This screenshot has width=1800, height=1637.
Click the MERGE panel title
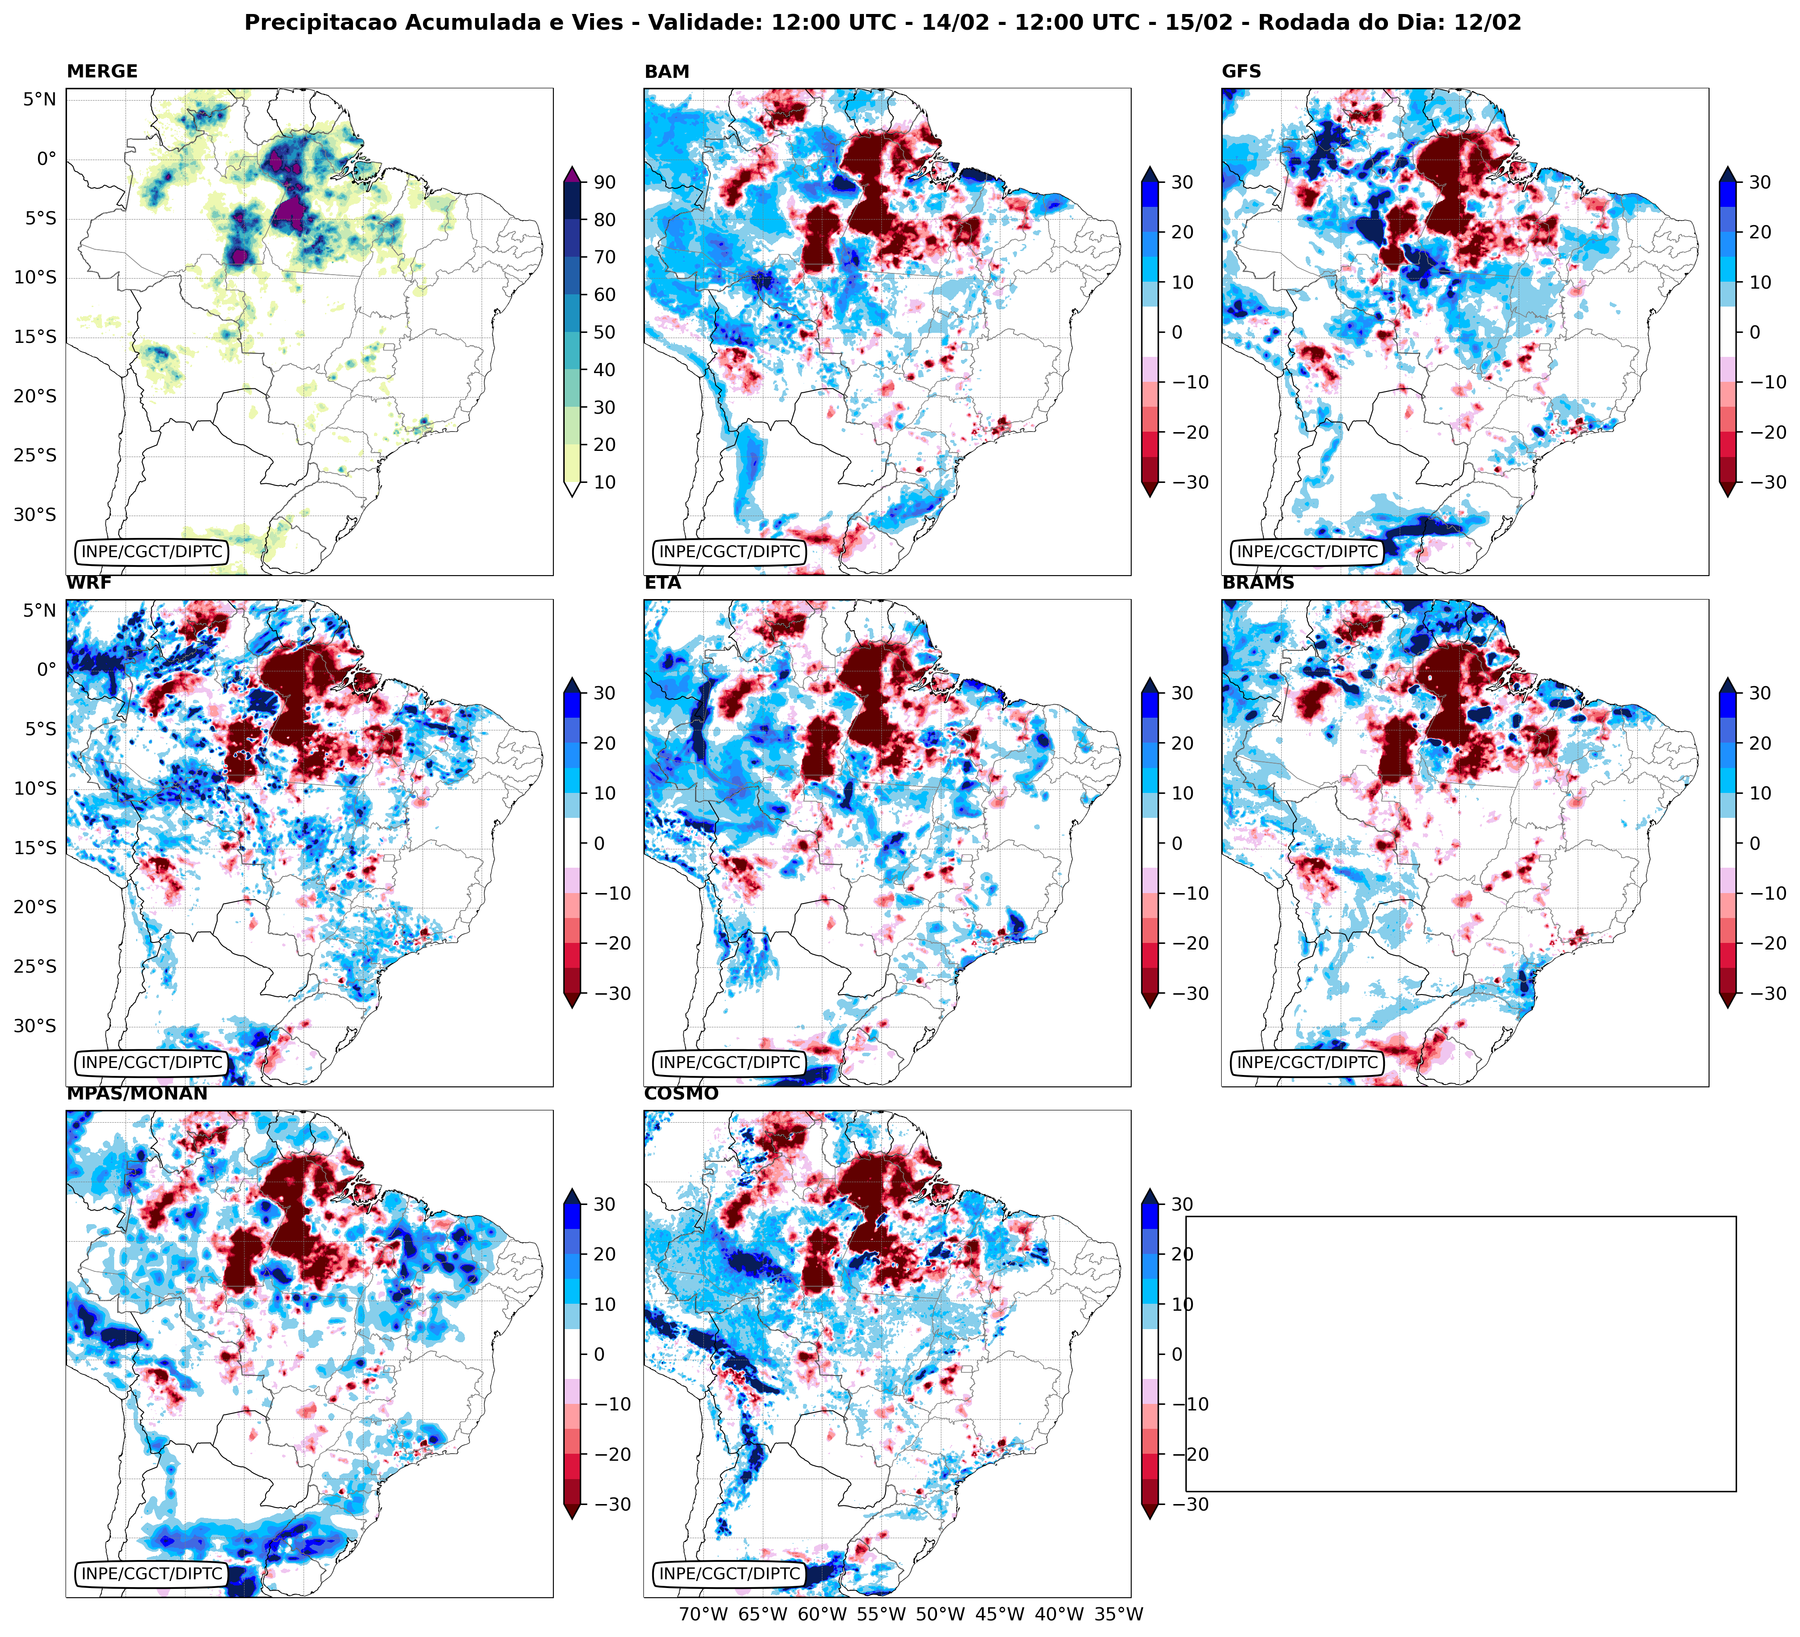click(x=102, y=71)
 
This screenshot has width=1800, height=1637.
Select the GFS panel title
click(x=1241, y=71)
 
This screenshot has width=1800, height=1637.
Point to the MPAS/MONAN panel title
click(x=136, y=1093)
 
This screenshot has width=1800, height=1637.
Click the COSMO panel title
click(x=680, y=1093)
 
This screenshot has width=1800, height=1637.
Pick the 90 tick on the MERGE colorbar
click(x=605, y=182)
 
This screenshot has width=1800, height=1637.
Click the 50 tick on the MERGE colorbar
click(x=605, y=332)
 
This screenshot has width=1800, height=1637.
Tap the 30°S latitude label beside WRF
click(x=35, y=1026)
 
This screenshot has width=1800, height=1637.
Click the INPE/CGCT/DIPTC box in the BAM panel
click(x=729, y=551)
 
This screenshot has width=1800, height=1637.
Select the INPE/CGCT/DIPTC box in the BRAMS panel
click(x=1306, y=1062)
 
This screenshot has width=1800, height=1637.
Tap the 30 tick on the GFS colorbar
click(x=1759, y=182)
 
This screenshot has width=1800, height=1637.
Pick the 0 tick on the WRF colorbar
click(x=598, y=844)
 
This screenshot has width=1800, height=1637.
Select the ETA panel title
click(x=663, y=583)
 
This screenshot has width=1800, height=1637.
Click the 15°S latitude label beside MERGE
click(x=35, y=336)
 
